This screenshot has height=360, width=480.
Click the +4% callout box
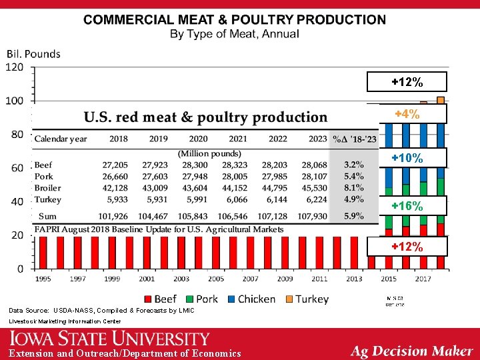click(x=407, y=115)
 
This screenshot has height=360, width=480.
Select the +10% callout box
click(x=407, y=158)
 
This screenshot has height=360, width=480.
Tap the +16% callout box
click(x=407, y=205)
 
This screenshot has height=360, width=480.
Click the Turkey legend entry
click(x=307, y=299)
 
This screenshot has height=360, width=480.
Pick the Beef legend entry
click(x=160, y=299)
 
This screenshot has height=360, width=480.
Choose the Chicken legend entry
click(x=251, y=299)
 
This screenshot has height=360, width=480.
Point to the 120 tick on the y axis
click(x=15, y=67)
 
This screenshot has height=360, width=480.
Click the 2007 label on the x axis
click(x=251, y=279)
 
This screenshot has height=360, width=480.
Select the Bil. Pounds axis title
click(x=33, y=53)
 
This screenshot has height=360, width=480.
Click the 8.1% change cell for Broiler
click(x=353, y=188)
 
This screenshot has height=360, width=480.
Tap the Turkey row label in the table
click(x=47, y=199)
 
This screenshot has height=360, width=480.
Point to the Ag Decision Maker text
click(x=412, y=351)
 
